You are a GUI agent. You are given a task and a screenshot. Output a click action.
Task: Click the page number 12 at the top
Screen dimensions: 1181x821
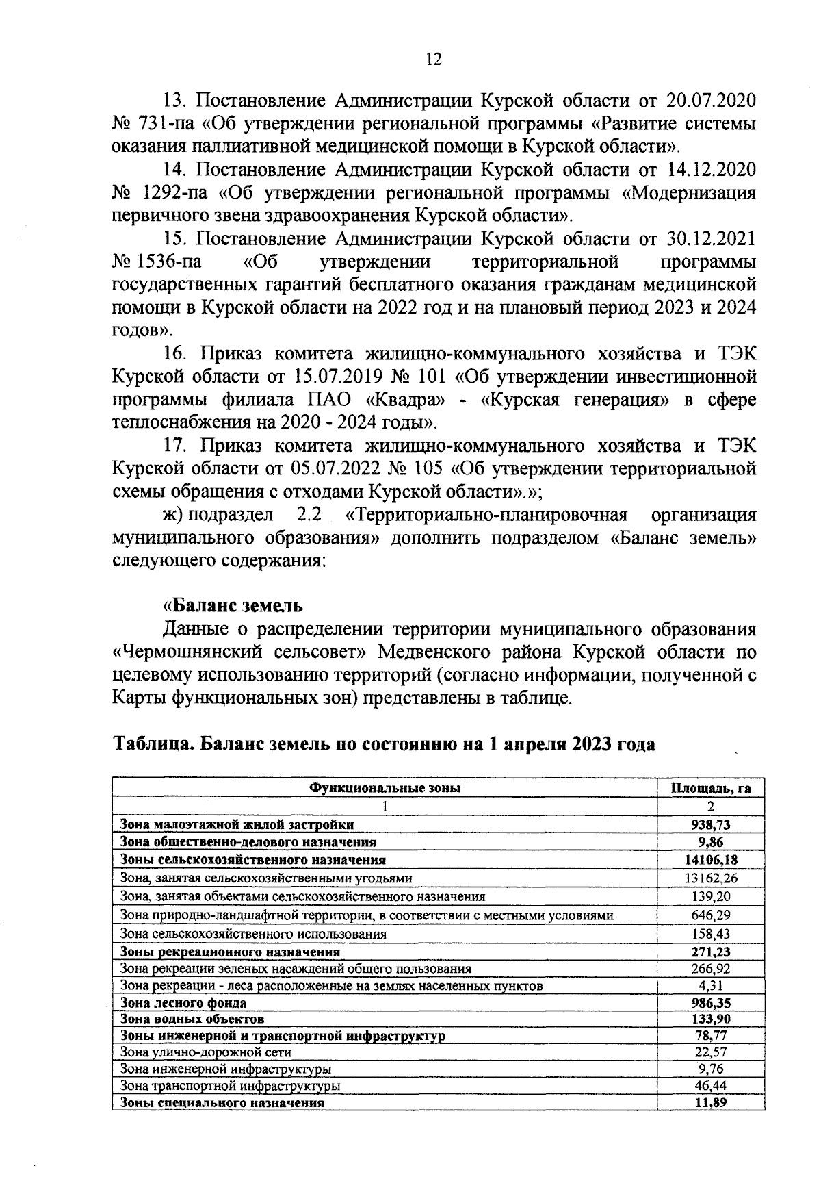(434, 59)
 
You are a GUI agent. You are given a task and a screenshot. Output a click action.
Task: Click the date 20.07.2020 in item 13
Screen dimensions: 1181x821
(711, 101)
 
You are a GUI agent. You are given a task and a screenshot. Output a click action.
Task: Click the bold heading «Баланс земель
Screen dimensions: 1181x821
(232, 606)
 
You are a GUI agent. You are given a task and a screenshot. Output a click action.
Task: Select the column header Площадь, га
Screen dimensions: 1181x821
(710, 787)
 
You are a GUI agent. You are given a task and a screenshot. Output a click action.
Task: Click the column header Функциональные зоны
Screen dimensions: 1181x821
(385, 787)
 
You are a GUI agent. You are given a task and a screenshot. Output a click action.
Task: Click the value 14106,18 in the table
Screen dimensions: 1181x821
(710, 860)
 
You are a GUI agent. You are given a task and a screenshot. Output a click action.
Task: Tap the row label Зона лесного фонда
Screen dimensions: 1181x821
(183, 1003)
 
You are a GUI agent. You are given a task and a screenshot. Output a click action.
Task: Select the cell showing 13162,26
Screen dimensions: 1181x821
(710, 878)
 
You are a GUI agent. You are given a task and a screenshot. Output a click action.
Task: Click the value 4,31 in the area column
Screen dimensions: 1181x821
(710, 986)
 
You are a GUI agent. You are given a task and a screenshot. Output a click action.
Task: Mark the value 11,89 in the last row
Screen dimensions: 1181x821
(710, 1102)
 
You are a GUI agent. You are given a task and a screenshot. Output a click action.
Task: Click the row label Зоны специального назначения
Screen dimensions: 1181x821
(222, 1103)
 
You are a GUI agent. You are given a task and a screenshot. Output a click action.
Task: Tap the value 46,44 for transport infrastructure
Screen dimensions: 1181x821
(710, 1086)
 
